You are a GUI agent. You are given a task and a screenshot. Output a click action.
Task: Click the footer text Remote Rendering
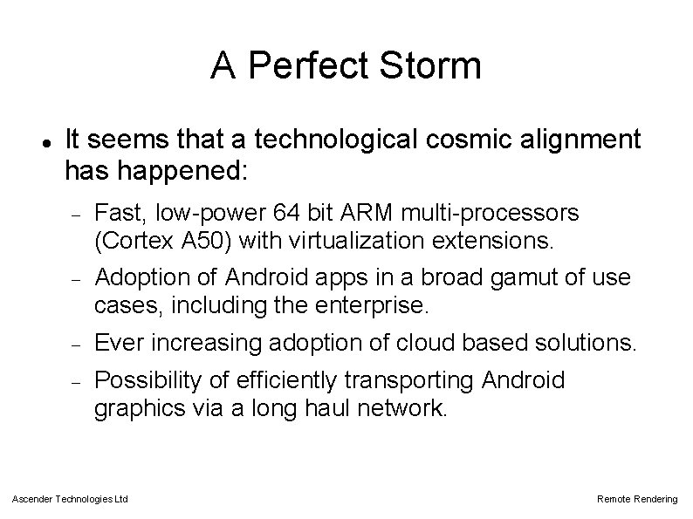point(636,499)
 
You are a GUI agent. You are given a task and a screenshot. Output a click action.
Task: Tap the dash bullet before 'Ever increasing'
point(75,343)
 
